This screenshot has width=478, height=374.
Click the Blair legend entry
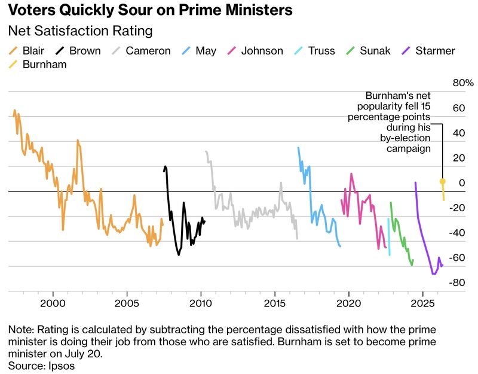click(x=26, y=51)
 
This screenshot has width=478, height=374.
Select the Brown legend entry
click(x=78, y=51)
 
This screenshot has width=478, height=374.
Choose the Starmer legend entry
click(x=428, y=51)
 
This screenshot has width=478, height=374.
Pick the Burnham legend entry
click(x=38, y=65)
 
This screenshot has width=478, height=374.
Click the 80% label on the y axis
click(x=463, y=83)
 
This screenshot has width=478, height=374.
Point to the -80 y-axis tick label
click(x=457, y=282)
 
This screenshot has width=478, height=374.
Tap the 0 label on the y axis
click(x=462, y=183)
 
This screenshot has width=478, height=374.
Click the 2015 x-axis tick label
click(x=275, y=303)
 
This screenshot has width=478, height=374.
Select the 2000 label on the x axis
click(x=53, y=303)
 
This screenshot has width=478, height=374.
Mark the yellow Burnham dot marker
click(x=442, y=182)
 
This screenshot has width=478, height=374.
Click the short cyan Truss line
click(x=389, y=236)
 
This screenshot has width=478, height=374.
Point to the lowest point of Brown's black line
click(x=179, y=255)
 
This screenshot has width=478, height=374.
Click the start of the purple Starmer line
click(x=415, y=183)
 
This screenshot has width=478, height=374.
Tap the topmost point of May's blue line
click(x=298, y=147)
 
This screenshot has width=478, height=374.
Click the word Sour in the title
click(x=135, y=10)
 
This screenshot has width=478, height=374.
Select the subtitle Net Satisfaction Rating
click(x=81, y=31)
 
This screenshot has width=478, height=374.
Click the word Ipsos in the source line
click(x=62, y=366)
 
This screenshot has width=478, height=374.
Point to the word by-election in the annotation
click(x=405, y=138)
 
